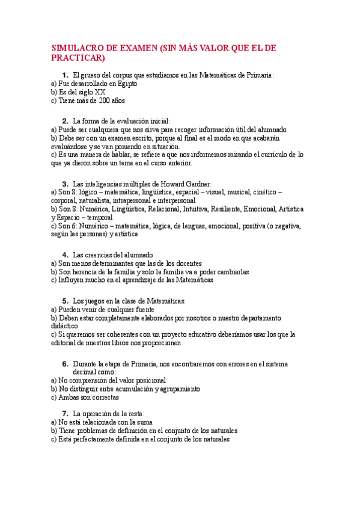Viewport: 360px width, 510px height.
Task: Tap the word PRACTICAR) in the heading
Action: pos(78,58)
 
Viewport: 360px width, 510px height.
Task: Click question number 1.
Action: pos(65,75)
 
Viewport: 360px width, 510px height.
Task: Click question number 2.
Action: pos(65,120)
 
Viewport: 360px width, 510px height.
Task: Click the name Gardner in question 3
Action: pos(196,183)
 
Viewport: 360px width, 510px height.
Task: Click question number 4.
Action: pos(65,254)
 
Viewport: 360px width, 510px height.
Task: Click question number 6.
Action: pos(65,364)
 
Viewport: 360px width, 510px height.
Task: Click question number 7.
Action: pos(65,413)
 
